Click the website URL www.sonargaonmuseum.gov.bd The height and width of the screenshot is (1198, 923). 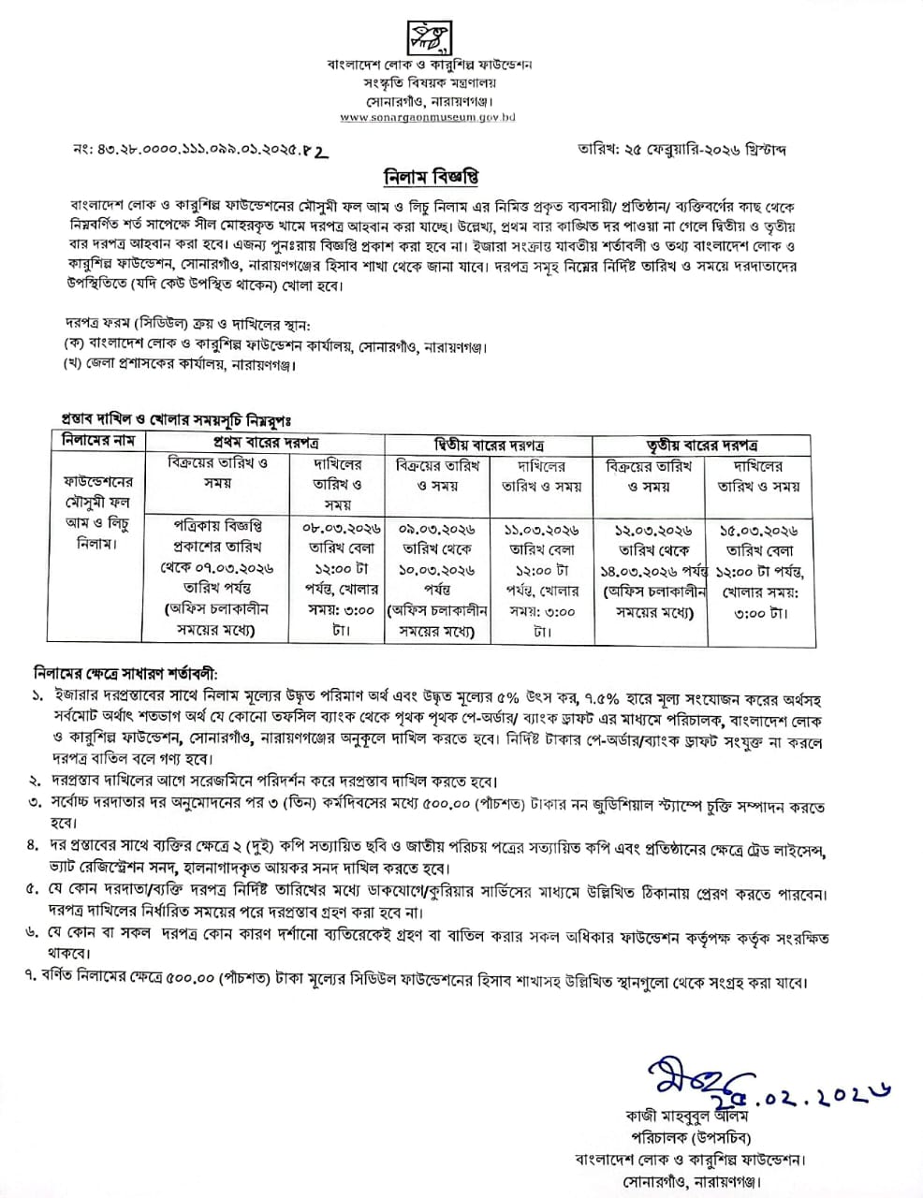[x=428, y=118]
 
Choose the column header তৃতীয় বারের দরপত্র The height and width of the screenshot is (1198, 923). [x=704, y=442]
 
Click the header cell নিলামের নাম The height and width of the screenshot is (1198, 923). [x=99, y=441]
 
